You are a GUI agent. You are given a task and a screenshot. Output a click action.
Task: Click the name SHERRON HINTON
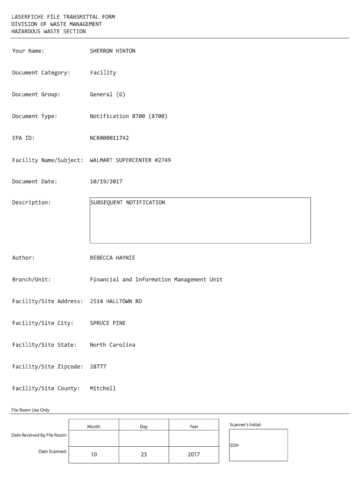coord(112,51)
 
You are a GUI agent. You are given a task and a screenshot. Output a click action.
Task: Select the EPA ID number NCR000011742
coord(109,138)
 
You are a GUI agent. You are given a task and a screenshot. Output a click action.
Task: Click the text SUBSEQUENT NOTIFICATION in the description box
coord(128,203)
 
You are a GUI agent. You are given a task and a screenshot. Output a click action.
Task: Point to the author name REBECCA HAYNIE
coord(112,258)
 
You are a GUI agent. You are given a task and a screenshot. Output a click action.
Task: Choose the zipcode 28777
coord(98,367)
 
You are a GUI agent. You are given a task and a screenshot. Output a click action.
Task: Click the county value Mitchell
coord(102,388)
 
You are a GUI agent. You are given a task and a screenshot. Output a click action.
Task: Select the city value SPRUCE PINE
coord(108,323)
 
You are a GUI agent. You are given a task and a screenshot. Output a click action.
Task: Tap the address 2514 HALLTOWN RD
coord(115,301)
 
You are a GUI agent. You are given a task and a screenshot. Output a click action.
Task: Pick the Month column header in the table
coord(94,427)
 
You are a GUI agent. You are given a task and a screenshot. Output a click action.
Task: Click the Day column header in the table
coord(144,427)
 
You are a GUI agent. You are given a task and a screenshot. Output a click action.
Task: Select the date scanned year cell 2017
coord(194,455)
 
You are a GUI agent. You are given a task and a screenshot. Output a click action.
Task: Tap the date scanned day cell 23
coord(144,455)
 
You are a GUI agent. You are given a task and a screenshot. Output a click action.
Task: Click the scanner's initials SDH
coord(234,445)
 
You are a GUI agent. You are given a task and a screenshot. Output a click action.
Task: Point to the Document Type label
coord(35,116)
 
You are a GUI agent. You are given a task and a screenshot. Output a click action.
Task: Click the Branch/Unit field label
coord(31,280)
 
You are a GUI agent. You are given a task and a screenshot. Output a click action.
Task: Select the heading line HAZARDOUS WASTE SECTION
coord(49,31)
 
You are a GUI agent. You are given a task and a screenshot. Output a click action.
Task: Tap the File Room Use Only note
coord(30,410)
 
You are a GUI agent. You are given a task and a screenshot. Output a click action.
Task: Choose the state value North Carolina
coord(112,345)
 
